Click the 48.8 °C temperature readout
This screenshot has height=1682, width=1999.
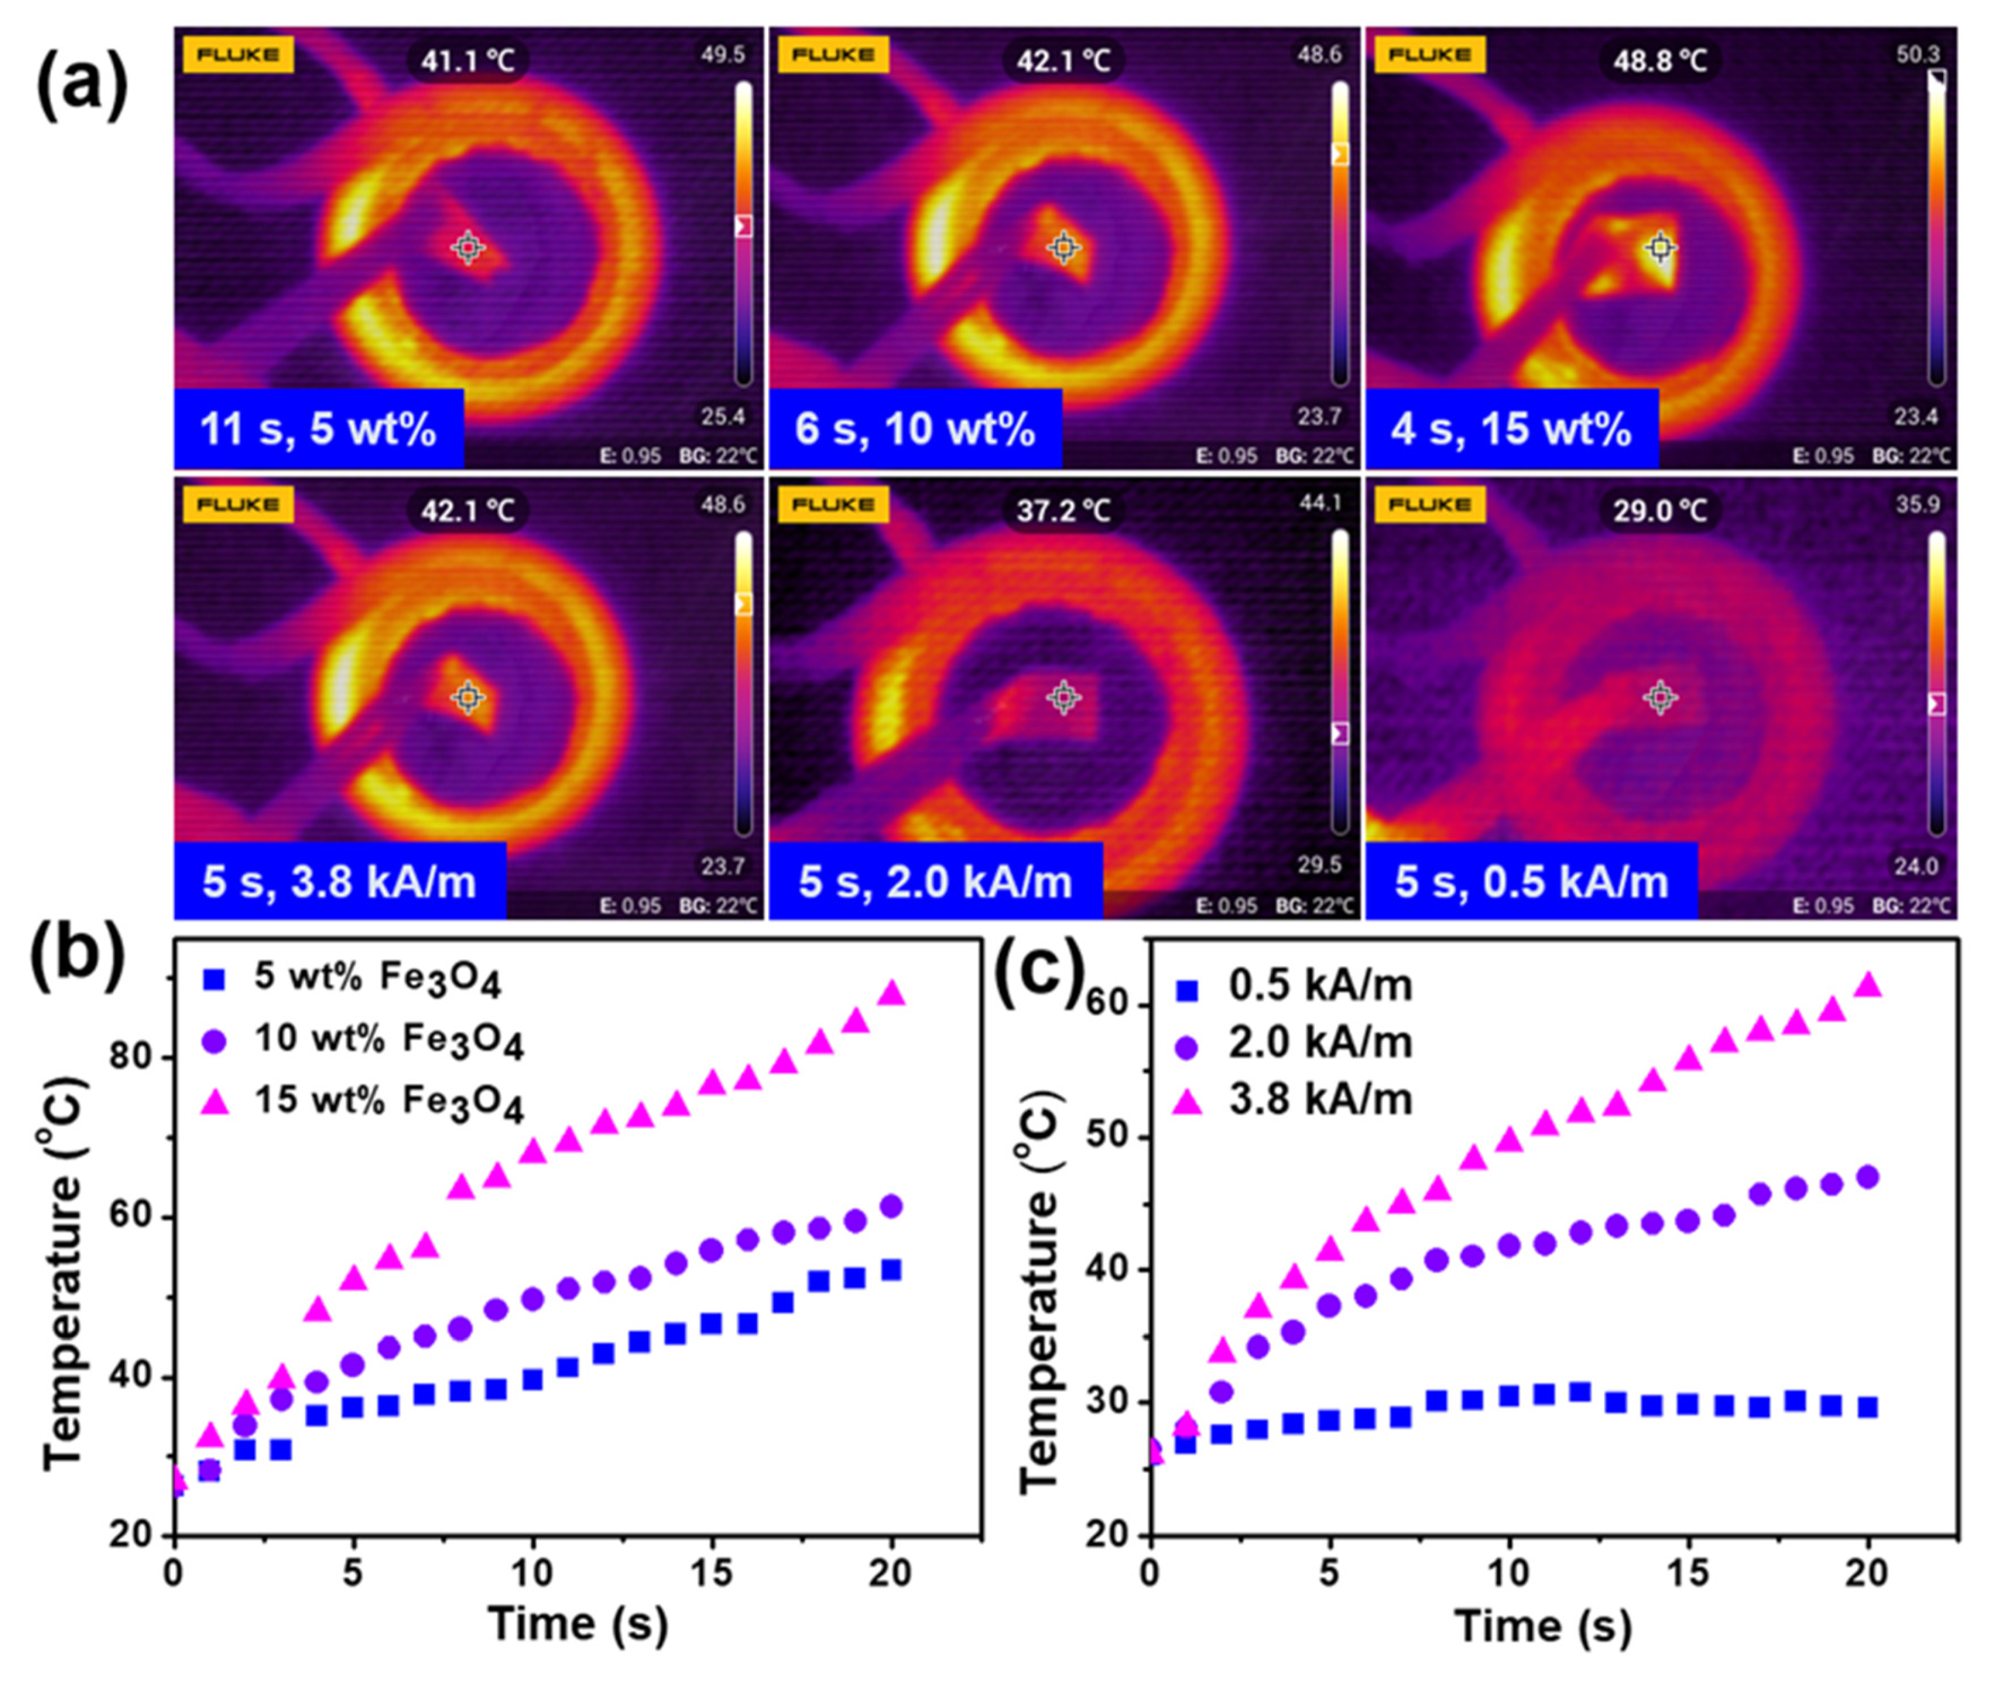pos(1659,60)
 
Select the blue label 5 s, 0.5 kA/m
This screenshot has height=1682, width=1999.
pos(1531,880)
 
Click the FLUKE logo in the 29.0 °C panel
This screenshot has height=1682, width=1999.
pos(1428,505)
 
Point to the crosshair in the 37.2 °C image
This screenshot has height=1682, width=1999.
pos(1063,698)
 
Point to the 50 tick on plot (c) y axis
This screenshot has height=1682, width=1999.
pos(1111,1137)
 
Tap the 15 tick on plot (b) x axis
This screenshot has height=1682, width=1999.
pos(712,1572)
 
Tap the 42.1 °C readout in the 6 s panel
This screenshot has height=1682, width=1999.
pos(1063,60)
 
